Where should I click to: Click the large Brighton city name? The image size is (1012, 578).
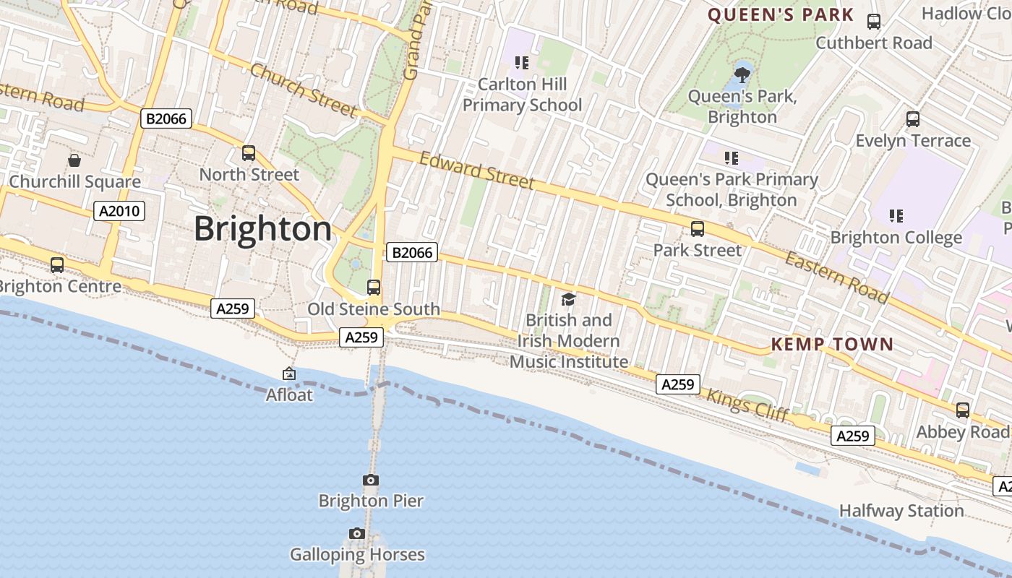tap(262, 229)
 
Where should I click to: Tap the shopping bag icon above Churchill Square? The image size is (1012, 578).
tap(74, 160)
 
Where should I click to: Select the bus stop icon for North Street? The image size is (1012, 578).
tap(249, 153)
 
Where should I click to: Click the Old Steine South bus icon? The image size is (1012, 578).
tap(374, 288)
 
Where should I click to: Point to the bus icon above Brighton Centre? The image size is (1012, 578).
tap(57, 265)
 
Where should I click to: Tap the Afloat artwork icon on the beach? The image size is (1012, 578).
tap(289, 374)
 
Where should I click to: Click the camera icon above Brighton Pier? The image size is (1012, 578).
tap(370, 480)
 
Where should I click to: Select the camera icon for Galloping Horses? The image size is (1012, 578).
tap(357, 533)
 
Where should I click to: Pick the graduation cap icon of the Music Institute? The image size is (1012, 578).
tap(568, 299)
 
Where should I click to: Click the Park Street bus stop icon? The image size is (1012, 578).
tap(698, 229)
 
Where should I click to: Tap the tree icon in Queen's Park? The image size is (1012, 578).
tap(742, 74)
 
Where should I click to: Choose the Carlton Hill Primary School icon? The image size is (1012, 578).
tap(522, 63)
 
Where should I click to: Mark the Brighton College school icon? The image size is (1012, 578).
tap(896, 215)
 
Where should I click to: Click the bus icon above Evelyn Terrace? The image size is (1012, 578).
tap(913, 119)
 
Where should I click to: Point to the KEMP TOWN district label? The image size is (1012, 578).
tap(832, 344)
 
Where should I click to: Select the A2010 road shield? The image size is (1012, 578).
tap(120, 211)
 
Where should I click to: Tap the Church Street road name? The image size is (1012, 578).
tap(303, 90)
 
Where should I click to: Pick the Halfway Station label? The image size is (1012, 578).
tap(901, 511)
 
